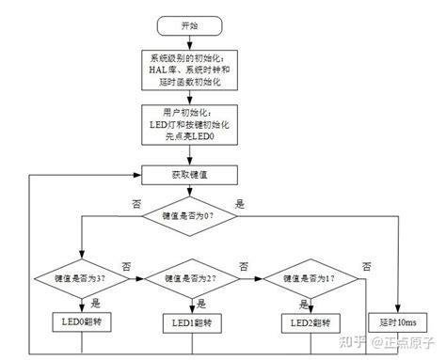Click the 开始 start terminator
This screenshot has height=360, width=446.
(191, 23)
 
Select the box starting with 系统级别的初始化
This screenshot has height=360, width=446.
(191, 70)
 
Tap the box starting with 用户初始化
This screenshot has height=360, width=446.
(191, 124)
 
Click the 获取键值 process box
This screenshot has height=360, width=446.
(191, 175)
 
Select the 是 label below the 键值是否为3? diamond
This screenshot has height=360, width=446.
(96, 302)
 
